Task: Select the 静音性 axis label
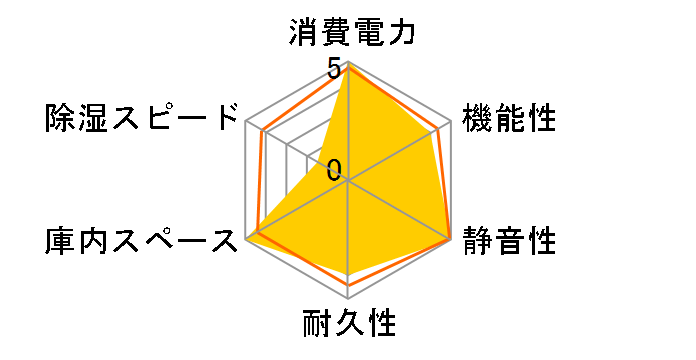(x=509, y=240)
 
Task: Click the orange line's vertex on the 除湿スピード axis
(x=262, y=131)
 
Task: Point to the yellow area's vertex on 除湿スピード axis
(x=331, y=171)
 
